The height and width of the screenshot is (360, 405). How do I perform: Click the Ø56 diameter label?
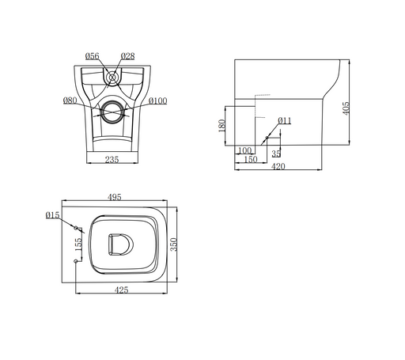tap(93, 56)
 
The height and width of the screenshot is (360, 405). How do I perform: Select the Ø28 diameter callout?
tap(128, 56)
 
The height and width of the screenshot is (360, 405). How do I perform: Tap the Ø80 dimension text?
tap(70, 100)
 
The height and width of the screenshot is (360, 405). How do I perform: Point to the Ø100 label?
tap(157, 100)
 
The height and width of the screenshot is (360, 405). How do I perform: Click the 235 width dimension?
tap(112, 160)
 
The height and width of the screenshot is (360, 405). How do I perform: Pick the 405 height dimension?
tap(346, 108)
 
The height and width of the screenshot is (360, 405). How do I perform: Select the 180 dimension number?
tap(222, 126)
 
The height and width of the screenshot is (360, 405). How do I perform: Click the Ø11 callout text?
tap(285, 120)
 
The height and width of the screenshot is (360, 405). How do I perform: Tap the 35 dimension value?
tap(276, 153)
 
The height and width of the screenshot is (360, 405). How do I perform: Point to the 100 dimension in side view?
tap(244, 150)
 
